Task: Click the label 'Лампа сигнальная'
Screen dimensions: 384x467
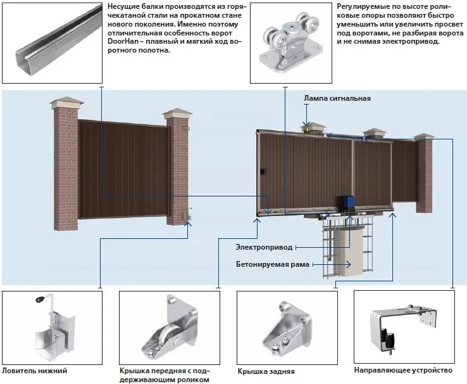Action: tap(337, 98)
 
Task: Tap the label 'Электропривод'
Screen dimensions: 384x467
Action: tap(264, 247)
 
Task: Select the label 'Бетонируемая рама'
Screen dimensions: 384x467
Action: tap(273, 264)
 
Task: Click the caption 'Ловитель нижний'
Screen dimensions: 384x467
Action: tap(34, 371)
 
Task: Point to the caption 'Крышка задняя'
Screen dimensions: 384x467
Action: tap(266, 371)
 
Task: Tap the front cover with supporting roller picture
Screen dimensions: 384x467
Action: tap(171, 330)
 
